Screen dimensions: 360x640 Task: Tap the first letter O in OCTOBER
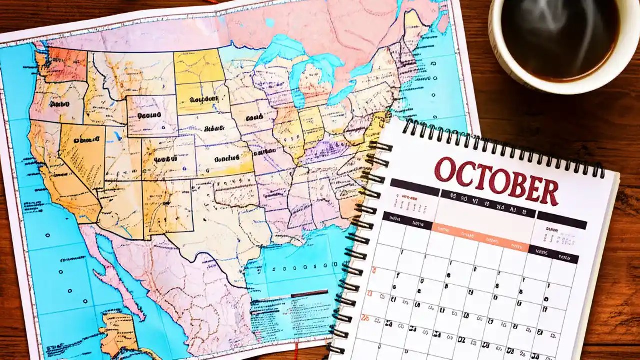pos(445,169)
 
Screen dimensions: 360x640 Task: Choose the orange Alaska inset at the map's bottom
pos(117,332)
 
